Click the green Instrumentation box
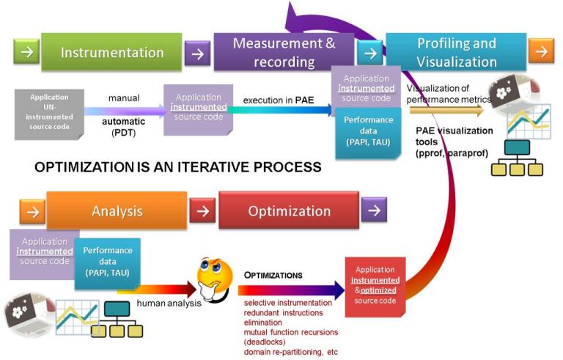(111, 52)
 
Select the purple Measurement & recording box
(284, 52)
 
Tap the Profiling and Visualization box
(455, 52)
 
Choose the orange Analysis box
(116, 211)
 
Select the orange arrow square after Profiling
(541, 51)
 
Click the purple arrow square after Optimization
(373, 211)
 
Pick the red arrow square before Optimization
(202, 211)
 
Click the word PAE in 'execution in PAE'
(304, 100)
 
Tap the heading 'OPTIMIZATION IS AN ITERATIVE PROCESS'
(178, 167)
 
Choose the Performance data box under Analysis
(107, 260)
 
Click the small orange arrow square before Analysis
(32, 211)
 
